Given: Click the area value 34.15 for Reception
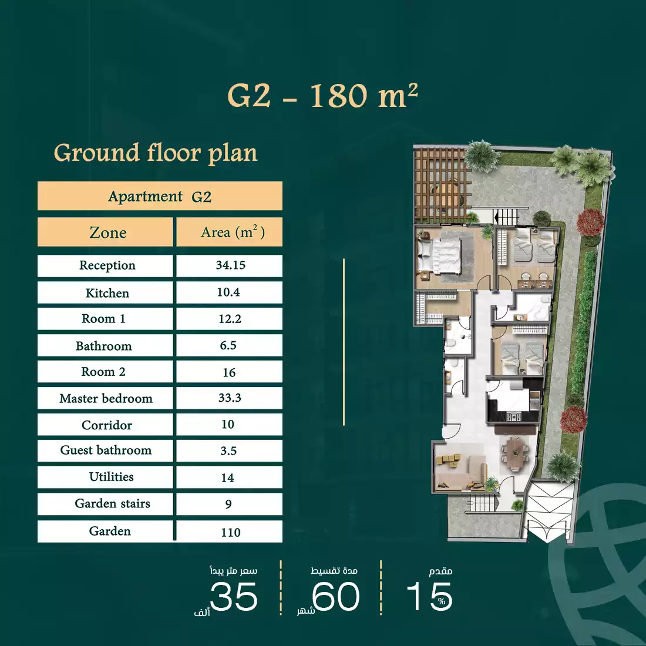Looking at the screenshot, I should (230, 265).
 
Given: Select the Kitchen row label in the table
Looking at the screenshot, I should (107, 293).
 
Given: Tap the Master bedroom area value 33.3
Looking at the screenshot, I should (230, 398).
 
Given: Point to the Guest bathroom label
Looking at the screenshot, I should (106, 450).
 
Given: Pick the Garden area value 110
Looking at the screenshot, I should (230, 532).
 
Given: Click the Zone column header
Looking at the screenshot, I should (107, 233).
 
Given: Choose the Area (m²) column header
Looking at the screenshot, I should (232, 233).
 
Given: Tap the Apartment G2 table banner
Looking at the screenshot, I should (160, 197).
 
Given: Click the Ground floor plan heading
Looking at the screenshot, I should (156, 153).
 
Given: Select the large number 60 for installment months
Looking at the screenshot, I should (336, 597).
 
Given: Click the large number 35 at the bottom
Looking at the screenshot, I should (233, 597).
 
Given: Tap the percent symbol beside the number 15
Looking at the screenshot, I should (442, 601).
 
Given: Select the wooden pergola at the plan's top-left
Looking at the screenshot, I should (439, 183).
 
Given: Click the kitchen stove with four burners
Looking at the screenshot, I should (514, 417).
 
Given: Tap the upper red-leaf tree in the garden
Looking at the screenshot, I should (590, 223).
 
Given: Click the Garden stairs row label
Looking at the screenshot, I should (112, 504).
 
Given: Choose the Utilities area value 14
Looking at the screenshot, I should (228, 478).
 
